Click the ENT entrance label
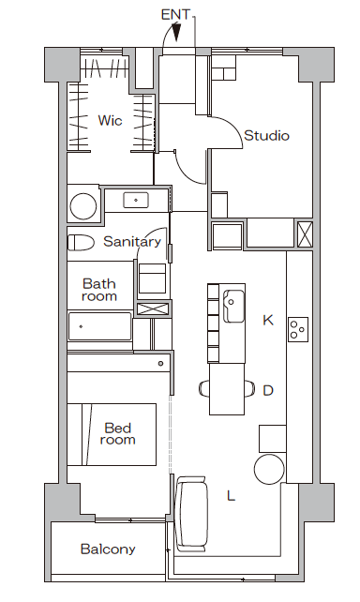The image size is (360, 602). [175, 15]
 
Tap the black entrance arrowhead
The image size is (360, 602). [176, 32]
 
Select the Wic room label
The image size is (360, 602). [110, 120]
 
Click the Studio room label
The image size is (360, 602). [266, 136]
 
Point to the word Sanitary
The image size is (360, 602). [132, 242]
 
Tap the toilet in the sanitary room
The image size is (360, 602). [81, 243]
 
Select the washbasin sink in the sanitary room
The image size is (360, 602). [136, 200]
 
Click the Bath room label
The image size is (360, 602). [99, 290]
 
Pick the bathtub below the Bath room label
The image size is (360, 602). [99, 326]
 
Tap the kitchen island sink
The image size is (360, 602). [233, 306]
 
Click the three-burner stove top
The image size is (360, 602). [298, 329]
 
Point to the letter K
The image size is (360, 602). [268, 320]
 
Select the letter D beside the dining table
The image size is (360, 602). [268, 390]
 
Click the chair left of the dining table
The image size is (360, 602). [204, 388]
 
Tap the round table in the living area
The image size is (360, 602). [269, 469]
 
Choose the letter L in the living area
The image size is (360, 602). [231, 496]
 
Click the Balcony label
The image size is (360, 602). [108, 549]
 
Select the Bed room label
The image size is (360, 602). [118, 434]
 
